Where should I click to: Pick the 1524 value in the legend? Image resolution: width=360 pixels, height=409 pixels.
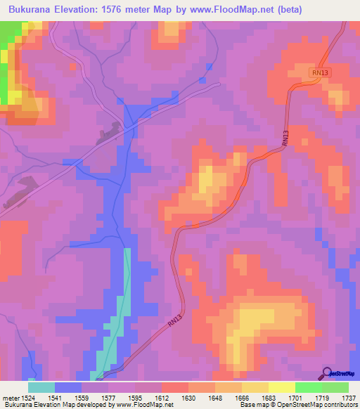28,398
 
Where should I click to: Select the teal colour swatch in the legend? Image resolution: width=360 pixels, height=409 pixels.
41,387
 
